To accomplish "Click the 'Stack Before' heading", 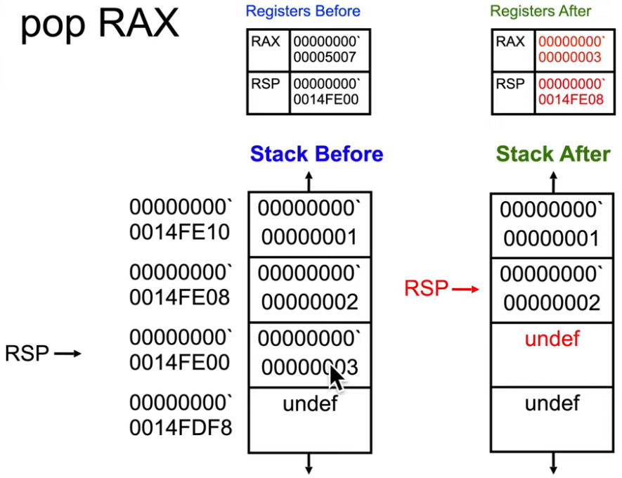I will click(317, 154).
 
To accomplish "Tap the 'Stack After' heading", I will click(553, 154).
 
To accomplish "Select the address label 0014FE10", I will click(180, 232).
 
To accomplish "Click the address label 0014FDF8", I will click(180, 427).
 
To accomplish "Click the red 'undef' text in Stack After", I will click(552, 339).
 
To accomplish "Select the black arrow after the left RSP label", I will click(68, 354).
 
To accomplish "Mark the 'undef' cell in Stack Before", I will click(310, 419).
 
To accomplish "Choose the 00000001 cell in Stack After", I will click(552, 224).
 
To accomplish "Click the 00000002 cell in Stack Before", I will click(310, 290).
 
